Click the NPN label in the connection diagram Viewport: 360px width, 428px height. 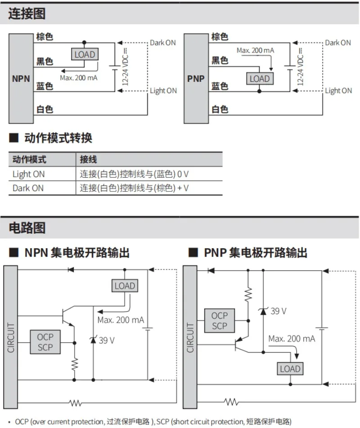coord(21,79)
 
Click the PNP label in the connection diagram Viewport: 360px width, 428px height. coord(196,79)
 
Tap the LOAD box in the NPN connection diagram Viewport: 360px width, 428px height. coord(85,54)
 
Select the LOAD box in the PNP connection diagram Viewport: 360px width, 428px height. coord(260,79)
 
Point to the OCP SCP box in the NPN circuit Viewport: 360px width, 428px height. coord(45,342)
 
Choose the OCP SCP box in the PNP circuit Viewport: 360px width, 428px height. coord(220,321)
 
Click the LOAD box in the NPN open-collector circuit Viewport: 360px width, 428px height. coord(125,286)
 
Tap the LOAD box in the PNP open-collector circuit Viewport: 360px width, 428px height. coord(290,369)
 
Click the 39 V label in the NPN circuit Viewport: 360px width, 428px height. coord(107,340)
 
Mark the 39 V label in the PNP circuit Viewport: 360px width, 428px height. coord(279,311)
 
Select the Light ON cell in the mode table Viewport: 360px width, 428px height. coord(29,174)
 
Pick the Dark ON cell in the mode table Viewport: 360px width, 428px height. coord(28,188)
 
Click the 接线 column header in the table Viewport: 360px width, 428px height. coord(88,160)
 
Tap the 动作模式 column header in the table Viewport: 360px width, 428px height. coord(30,160)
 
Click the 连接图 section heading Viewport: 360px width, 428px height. coord(27,13)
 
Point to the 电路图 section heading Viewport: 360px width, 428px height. coord(27,227)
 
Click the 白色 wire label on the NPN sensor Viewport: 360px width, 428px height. coord(45,109)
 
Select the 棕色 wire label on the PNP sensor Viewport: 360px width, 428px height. coord(220,37)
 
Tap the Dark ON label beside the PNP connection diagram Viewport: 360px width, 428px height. coord(338,43)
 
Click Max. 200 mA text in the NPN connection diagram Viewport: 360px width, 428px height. coord(79,78)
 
